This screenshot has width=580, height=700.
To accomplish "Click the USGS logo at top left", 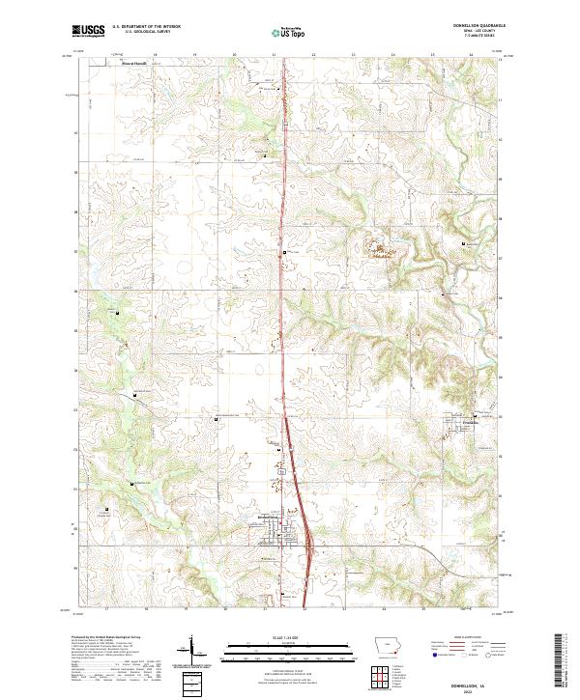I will pos(88,31).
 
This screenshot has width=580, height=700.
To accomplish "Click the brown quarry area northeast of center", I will pos(380,250).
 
